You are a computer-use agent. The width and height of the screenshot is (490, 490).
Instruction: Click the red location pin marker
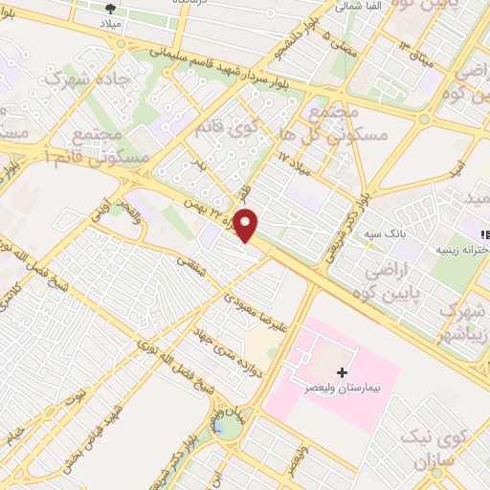point(247,225)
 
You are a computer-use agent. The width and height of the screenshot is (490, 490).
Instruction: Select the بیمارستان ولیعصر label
point(343,390)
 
